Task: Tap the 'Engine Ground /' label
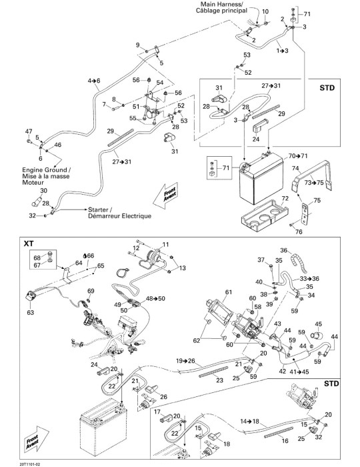pyautogui.click(x=47, y=170)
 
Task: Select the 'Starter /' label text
pyautogui.click(x=98, y=209)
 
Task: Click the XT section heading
pyautogui.click(x=29, y=244)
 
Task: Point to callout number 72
pyautogui.click(x=285, y=198)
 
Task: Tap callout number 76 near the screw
pyautogui.click(x=299, y=231)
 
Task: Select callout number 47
pyautogui.click(x=29, y=131)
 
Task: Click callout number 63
pyautogui.click(x=31, y=312)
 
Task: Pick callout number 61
pyautogui.click(x=228, y=292)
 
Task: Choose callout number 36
pyautogui.click(x=284, y=250)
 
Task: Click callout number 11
pyautogui.click(x=165, y=245)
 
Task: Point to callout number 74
pyautogui.click(x=295, y=168)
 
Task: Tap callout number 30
pyautogui.click(x=43, y=191)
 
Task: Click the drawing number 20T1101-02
pyautogui.click(x=30, y=464)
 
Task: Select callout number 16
pyautogui.click(x=285, y=440)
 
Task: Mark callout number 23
pyautogui.click(x=219, y=380)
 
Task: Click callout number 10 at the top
pyautogui.click(x=265, y=11)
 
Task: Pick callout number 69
pyautogui.click(x=91, y=291)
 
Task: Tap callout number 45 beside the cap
pyautogui.click(x=319, y=324)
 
